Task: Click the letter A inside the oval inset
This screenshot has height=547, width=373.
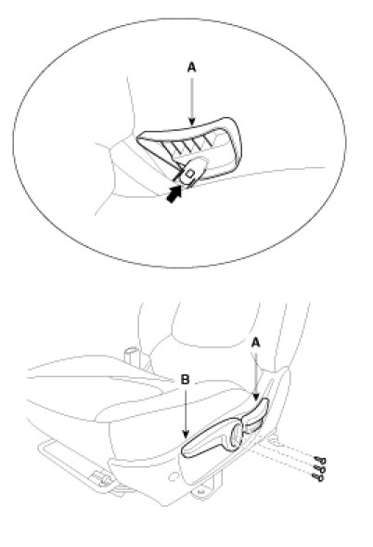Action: pos(192,67)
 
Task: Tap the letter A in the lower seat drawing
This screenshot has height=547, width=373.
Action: pos(255,344)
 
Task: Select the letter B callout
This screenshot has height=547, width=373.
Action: pos(186,379)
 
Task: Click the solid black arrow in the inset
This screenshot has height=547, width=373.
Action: pos(174,193)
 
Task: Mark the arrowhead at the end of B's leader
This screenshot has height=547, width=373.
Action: pos(186,435)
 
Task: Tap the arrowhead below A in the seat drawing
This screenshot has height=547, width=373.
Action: pos(256,397)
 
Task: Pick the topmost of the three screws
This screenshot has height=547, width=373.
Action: pos(320,461)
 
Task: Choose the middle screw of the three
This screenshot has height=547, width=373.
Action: pos(318,469)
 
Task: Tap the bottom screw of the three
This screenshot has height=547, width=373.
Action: pos(317,477)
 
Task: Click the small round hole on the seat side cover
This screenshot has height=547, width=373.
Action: pos(173,476)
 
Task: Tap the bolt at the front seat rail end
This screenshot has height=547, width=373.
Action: pos(102,478)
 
